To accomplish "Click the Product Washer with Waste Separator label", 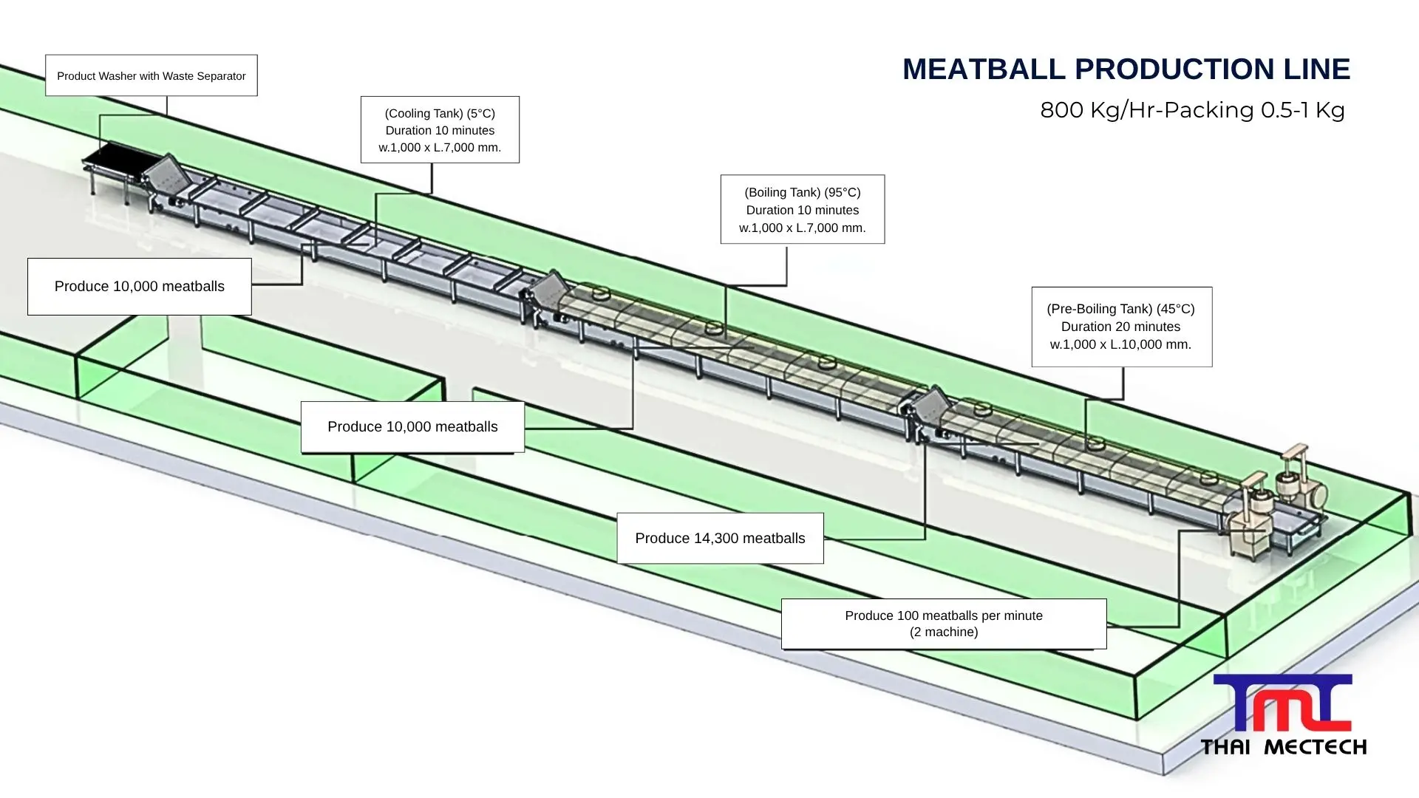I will (151, 75).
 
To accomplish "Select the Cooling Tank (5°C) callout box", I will (440, 129).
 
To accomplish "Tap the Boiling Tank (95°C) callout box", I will (802, 209).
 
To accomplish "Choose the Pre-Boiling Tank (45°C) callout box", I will (1121, 327).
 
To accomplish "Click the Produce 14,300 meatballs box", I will (720, 538).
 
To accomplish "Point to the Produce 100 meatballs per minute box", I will (943, 624).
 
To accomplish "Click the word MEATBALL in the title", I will (983, 69).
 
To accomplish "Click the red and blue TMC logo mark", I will (1282, 703).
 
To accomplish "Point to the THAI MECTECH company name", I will (1283, 747).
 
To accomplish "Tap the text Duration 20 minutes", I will (1120, 327).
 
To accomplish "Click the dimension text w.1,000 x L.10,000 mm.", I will (1120, 344).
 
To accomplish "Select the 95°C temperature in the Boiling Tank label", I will (843, 192).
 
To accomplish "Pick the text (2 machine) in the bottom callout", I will (944, 632).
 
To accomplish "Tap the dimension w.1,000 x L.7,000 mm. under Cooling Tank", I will (440, 147).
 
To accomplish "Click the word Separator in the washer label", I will (217, 76).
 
